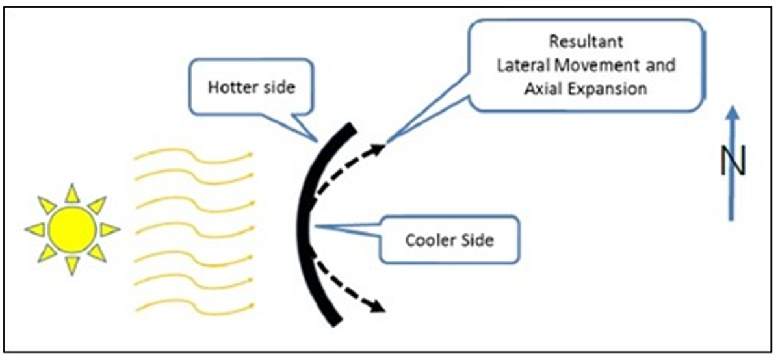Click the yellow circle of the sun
[72, 229]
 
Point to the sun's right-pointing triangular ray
[109, 229]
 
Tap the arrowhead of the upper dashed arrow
[377, 149]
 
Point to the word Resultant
[586, 43]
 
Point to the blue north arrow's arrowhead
[732, 114]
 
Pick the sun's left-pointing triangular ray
[36, 229]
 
